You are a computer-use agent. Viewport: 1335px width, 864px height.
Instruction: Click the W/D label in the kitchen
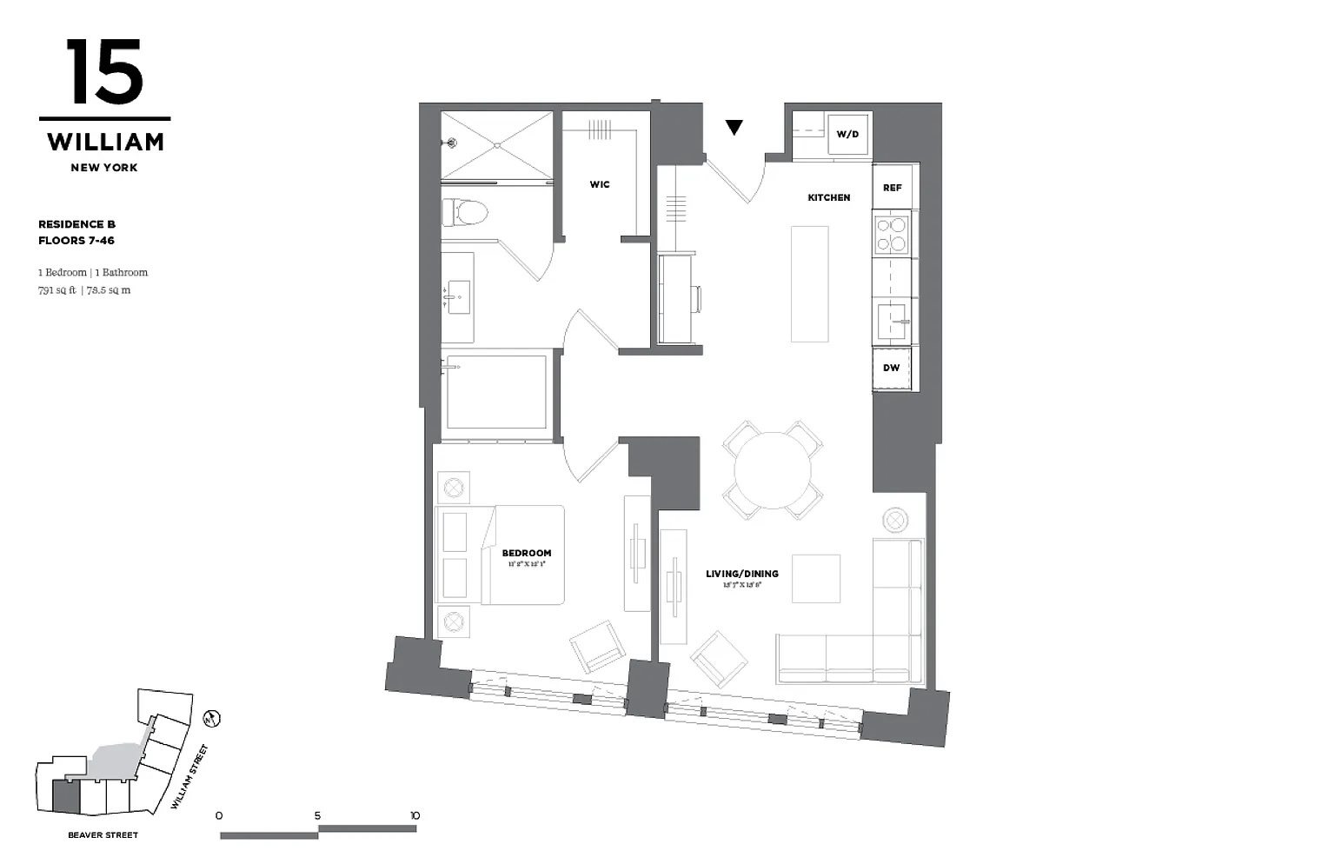coord(847,134)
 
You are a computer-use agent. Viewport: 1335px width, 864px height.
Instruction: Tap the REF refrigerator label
coord(893,188)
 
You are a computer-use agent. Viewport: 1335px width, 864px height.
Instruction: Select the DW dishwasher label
coord(892,368)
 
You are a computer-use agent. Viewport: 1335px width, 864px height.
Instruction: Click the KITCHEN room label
coord(829,197)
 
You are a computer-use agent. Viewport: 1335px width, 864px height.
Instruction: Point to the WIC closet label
coord(600,184)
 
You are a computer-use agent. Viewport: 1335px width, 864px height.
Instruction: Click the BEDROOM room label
coord(527,553)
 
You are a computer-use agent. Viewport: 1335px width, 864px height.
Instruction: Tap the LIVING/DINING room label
coord(742,574)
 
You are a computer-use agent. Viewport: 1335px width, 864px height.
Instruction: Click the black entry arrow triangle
coord(734,128)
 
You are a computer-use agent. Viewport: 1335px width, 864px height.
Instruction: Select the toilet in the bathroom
coord(464,212)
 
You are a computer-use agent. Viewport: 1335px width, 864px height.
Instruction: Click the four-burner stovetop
coord(891,234)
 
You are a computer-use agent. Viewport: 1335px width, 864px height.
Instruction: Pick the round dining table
coord(773,470)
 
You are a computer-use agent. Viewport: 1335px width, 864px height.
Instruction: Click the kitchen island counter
coord(809,283)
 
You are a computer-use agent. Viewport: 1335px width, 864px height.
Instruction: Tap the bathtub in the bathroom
coord(496,391)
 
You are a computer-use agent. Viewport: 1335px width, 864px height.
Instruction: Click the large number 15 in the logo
coord(104,72)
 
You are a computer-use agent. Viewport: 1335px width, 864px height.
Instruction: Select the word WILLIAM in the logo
coord(105,142)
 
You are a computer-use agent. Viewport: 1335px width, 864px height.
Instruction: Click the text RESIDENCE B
coord(77,224)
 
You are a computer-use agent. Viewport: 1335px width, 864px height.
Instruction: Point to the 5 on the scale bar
coord(317,815)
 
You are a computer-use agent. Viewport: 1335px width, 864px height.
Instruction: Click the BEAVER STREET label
coord(103,835)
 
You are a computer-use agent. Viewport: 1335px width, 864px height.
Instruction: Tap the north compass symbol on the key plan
coord(210,718)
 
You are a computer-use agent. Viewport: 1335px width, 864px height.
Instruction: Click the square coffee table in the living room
coord(816,578)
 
